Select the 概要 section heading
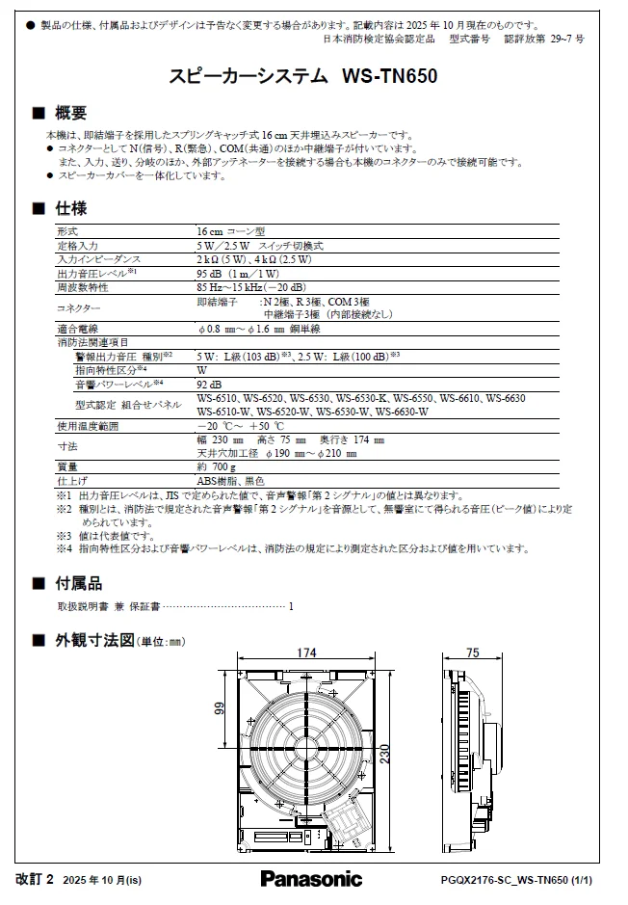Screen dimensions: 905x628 point(70,114)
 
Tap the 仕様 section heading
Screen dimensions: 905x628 point(70,208)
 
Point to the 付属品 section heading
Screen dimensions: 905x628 point(78,583)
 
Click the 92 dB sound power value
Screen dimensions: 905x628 point(210,384)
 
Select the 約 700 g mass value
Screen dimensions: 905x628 point(215,466)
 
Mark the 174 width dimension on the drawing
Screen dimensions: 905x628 point(305,653)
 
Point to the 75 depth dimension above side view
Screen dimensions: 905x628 point(472,653)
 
